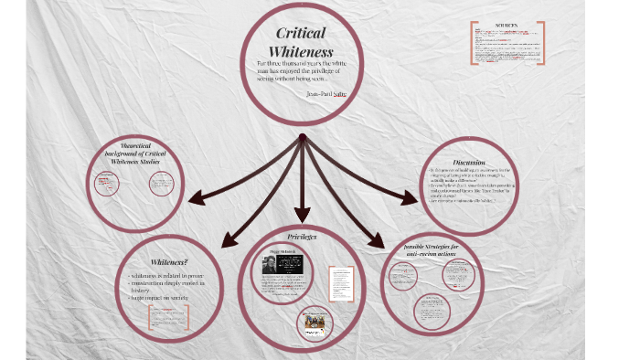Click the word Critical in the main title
300,34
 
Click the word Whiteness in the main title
301,51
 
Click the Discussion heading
468,163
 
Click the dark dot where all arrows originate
302,138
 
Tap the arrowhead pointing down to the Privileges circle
302,217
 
